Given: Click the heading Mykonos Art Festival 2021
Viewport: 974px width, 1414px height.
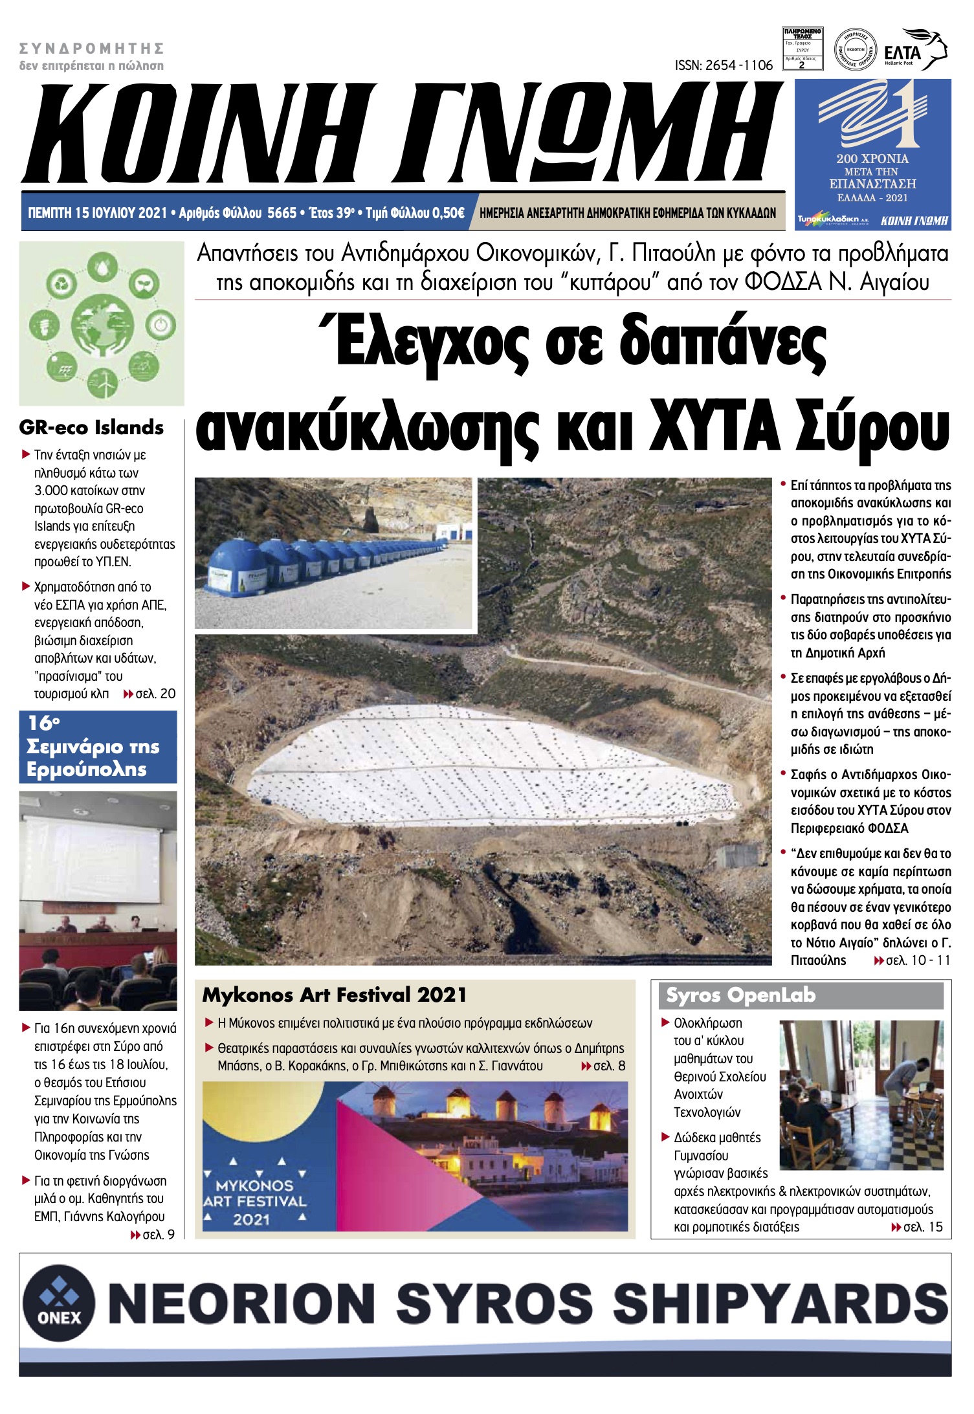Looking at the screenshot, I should [334, 995].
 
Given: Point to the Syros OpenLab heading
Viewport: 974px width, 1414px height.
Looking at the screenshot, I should [740, 995].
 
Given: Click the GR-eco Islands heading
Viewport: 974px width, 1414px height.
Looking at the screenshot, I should [91, 428].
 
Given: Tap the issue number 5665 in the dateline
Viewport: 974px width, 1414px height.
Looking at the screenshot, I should [282, 213].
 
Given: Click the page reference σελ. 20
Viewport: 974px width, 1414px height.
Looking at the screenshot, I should [155, 694].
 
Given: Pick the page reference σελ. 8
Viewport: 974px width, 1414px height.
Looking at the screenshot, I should [609, 1066].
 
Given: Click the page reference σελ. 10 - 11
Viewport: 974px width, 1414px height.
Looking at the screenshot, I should [918, 960].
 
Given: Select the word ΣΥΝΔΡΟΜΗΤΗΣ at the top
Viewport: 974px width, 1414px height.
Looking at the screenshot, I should [91, 49].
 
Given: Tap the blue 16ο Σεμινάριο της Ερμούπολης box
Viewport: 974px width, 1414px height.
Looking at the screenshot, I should [98, 746].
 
